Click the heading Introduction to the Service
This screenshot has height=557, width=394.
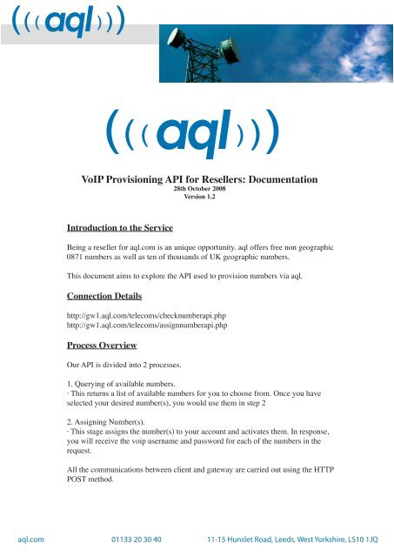(120, 228)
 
